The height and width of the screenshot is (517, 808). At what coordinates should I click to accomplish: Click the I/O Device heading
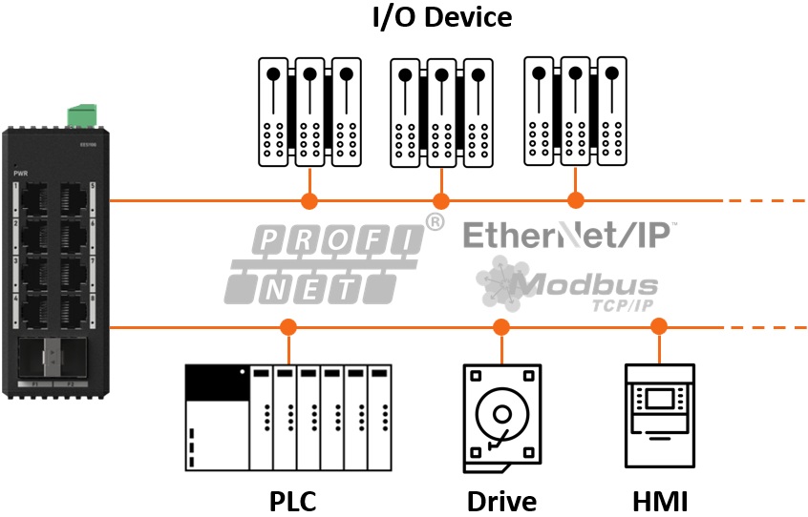pos(441,17)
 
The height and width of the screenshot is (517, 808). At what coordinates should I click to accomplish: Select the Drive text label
pos(501,501)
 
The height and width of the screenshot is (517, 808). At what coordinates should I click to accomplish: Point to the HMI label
pos(660,501)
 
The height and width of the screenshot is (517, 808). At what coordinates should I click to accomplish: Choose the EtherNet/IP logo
pos(570,234)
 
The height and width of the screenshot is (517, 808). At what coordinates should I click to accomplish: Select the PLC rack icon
pos(288,417)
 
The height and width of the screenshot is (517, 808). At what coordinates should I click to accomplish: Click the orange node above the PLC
pos(287,328)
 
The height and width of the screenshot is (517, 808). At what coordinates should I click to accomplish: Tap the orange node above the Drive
pos(501,328)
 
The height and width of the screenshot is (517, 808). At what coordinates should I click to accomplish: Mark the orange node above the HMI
pos(658,328)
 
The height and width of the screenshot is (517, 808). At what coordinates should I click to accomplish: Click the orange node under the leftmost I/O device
pos(308,201)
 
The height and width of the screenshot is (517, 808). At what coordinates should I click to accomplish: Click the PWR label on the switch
pos(21,174)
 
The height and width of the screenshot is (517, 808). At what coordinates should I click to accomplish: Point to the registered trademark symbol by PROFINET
pos(435,222)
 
